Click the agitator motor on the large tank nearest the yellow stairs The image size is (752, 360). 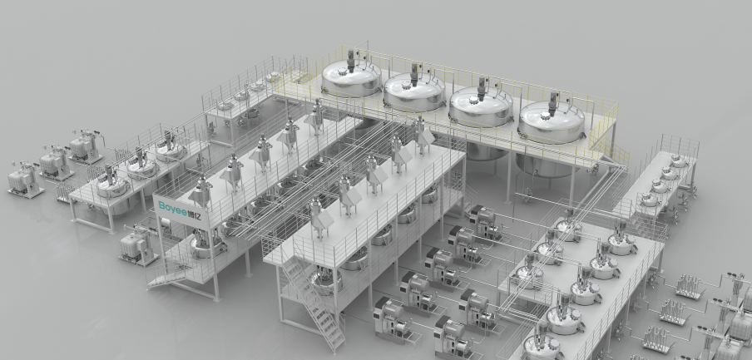pyautogui.click(x=553, y=102)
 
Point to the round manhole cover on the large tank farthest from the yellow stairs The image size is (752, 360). pyautogui.click(x=342, y=72)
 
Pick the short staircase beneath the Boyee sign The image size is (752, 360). pyautogui.click(x=166, y=277)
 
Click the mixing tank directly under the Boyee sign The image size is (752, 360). pyautogui.click(x=206, y=244)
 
